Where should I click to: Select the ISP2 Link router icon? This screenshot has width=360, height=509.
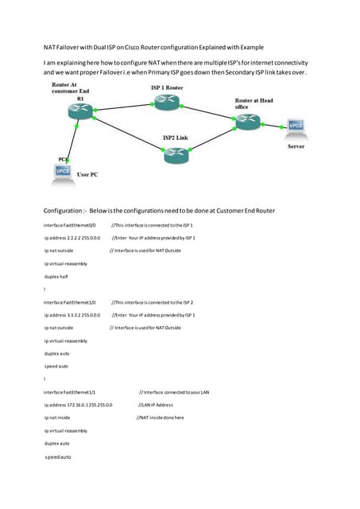[176, 156]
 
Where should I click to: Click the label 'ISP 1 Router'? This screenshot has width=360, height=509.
[168, 86]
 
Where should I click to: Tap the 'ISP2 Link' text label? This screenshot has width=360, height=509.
[176, 138]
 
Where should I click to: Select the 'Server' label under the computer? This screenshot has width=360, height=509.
[295, 146]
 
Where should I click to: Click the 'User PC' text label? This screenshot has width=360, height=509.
[87, 173]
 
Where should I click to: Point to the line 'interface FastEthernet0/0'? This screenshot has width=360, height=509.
[70, 226]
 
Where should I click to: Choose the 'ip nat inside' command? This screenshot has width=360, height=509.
[58, 418]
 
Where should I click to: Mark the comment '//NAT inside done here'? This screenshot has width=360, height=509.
[161, 418]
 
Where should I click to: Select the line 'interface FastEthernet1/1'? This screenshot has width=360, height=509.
[70, 392]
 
